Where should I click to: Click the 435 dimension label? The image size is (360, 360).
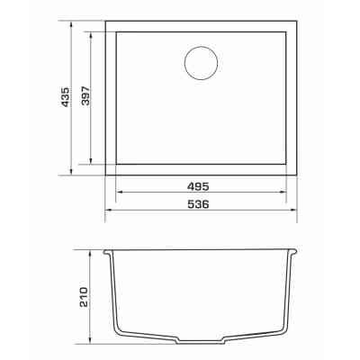(x=65, y=97)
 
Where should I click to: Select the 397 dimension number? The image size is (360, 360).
(x=85, y=96)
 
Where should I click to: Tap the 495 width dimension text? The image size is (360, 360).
(x=198, y=186)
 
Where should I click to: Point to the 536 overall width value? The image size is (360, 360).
(x=198, y=204)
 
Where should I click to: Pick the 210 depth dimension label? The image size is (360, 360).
(x=84, y=297)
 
